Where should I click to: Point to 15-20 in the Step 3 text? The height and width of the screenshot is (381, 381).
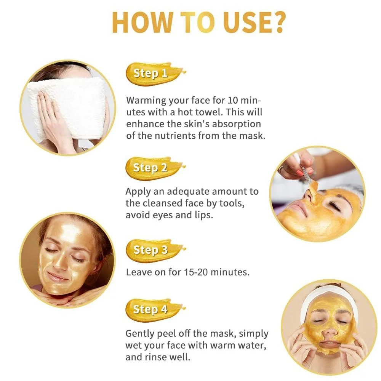point(184,272)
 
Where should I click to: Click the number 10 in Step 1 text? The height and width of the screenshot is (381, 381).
point(234,101)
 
